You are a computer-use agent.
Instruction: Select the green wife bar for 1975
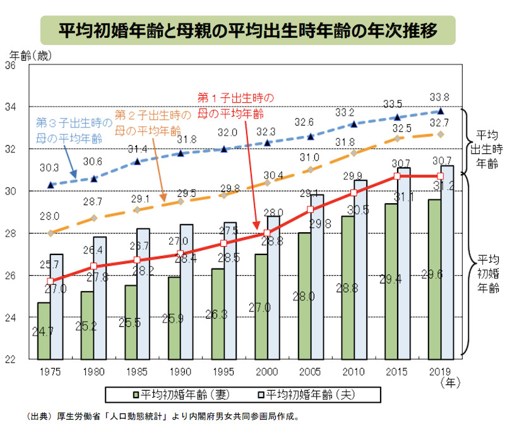[x=44, y=331]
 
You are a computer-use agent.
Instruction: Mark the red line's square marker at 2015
[x=397, y=176]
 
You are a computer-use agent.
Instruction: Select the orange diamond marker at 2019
[x=441, y=134]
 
